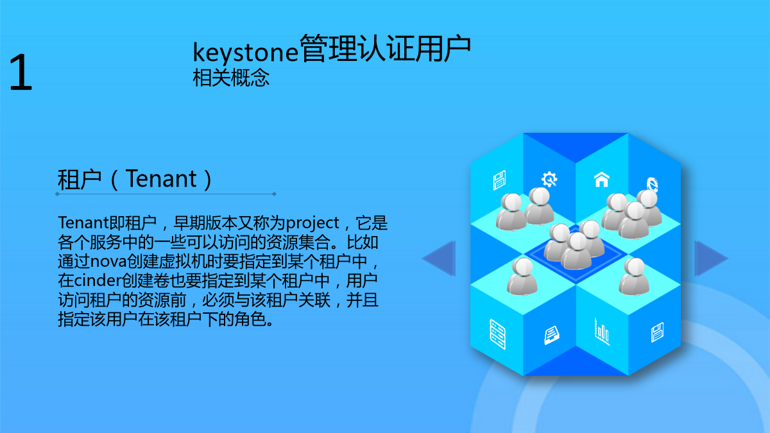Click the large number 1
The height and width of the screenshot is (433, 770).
[x=21, y=72]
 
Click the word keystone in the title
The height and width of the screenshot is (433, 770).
[x=245, y=52]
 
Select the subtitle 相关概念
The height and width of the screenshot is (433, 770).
[x=231, y=78]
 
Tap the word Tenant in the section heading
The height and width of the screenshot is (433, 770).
[x=161, y=179]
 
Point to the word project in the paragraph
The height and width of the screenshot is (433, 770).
[x=312, y=223]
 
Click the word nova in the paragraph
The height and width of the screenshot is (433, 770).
[x=108, y=262]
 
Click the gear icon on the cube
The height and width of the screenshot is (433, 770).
[x=549, y=179]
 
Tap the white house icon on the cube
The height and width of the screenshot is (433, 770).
[x=602, y=180]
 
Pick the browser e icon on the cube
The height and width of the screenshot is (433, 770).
[x=652, y=185]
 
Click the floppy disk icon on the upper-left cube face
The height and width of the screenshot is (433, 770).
[x=499, y=180]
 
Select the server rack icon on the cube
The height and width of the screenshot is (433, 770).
[x=497, y=334]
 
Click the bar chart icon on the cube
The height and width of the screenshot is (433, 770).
[x=602, y=332]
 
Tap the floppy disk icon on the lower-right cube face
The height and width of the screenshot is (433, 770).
[x=657, y=332]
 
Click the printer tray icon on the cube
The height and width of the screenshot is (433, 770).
[x=552, y=335]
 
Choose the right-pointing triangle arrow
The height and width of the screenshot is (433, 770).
[x=710, y=259]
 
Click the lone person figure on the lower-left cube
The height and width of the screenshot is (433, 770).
[x=522, y=276]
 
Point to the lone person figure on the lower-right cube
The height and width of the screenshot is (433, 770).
[x=634, y=276]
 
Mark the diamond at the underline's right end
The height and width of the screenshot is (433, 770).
[x=275, y=194]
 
